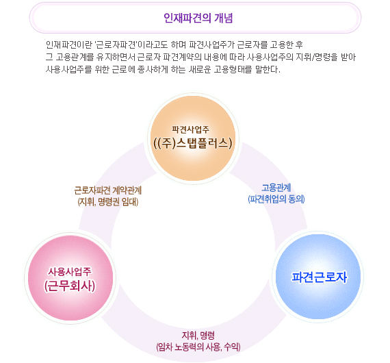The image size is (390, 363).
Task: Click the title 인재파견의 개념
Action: pyautogui.click(x=198, y=18)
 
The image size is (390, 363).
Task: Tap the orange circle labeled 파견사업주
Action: pyautogui.click(x=193, y=138)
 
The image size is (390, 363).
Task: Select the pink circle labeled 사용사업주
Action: pyautogui.click(x=70, y=278)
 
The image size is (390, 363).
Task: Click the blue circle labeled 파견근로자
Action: pyautogui.click(x=318, y=277)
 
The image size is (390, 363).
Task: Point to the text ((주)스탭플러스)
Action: pyautogui.click(x=193, y=144)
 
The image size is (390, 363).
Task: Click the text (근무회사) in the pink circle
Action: pyautogui.click(x=70, y=286)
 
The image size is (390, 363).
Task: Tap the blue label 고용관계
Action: pyautogui.click(x=276, y=188)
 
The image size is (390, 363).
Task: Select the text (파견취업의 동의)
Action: pyautogui.click(x=276, y=199)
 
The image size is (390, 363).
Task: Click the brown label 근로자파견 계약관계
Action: pyautogui.click(x=108, y=190)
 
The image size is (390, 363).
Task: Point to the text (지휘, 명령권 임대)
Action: pyautogui.click(x=108, y=202)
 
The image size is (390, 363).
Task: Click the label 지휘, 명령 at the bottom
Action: pyautogui.click(x=198, y=336)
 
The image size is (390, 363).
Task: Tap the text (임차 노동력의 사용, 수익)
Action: pyautogui.click(x=198, y=347)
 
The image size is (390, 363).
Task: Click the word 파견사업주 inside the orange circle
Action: pyautogui.click(x=191, y=129)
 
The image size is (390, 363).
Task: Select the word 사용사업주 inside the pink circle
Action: pyautogui.click(x=70, y=272)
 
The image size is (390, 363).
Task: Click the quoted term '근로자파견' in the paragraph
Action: pyautogui.click(x=116, y=45)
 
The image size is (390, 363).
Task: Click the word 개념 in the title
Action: pyautogui.click(x=223, y=18)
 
